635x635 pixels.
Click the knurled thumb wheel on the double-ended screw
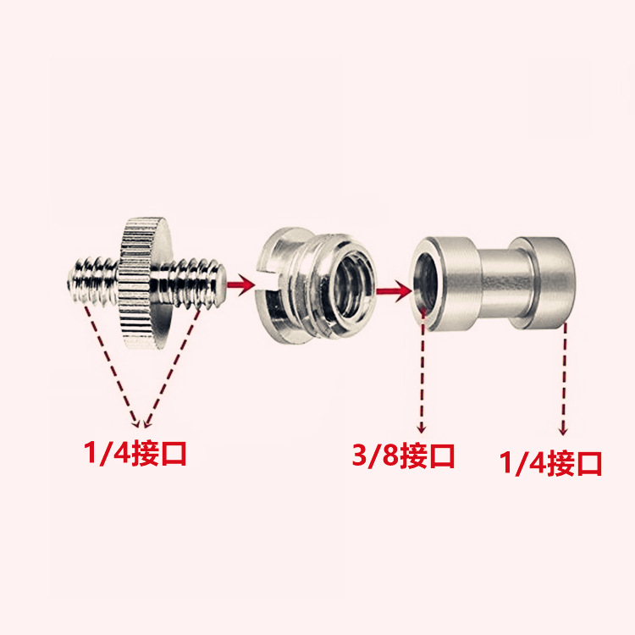pos(146,284)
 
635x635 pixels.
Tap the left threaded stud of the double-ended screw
pos(93,280)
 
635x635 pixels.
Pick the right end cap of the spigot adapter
pos(543,283)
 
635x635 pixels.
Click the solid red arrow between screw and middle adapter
pos(240,284)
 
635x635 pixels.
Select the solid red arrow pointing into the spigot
pos(394,290)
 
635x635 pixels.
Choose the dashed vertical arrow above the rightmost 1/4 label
pos(564,379)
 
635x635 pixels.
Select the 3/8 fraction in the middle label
pos(376,456)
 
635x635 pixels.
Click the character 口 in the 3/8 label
pos(440,456)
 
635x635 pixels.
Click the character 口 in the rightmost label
pos(588,463)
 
